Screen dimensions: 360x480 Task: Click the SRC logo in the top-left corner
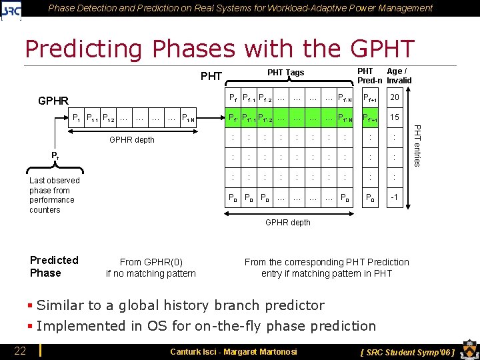tap(11, 9)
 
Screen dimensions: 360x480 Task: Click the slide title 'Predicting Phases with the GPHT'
tap(219, 49)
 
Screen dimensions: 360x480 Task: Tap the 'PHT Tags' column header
tap(285, 73)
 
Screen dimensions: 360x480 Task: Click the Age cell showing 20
tap(395, 98)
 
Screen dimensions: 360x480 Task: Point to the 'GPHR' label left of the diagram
tap(53, 101)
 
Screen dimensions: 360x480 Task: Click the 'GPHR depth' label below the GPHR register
tap(131, 140)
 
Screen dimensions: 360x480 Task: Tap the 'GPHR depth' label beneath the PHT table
tap(287, 223)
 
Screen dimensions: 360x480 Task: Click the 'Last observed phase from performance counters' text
tap(54, 195)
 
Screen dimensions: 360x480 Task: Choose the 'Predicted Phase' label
tap(54, 266)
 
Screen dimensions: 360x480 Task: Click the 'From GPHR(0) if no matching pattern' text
tap(151, 267)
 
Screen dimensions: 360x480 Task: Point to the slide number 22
tap(21, 351)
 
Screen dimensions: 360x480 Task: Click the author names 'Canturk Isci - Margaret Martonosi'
tap(233, 351)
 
